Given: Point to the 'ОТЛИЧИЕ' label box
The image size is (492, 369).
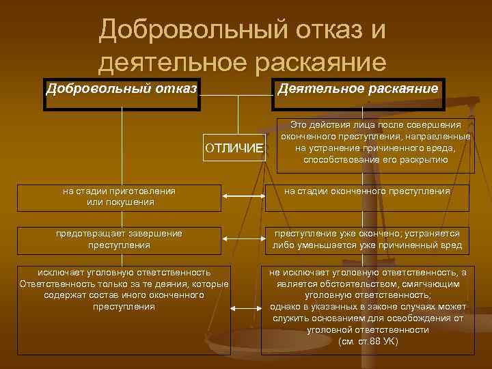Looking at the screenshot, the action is [234, 148].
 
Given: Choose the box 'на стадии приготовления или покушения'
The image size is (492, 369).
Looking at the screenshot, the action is [120, 197].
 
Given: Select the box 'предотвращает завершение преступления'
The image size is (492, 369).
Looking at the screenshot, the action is [120, 239].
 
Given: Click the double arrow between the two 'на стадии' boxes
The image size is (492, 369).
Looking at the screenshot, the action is [245, 197].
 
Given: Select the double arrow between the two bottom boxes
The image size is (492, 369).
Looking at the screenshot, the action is [245, 307].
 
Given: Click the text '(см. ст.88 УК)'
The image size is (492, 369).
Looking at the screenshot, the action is [368, 340].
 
